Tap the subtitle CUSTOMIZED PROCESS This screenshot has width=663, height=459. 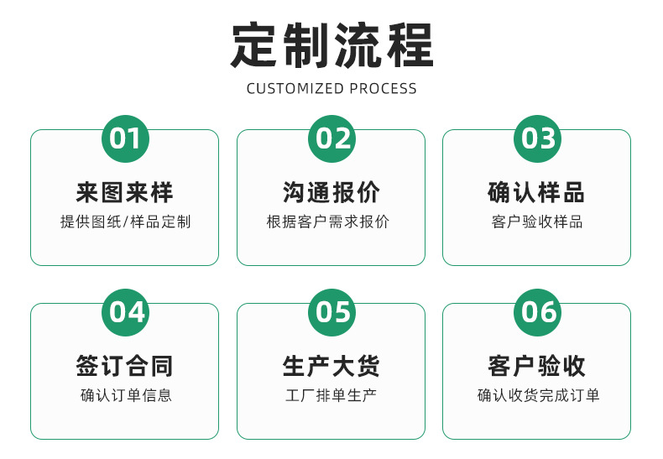click(x=331, y=88)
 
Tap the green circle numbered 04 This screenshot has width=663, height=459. click(x=125, y=312)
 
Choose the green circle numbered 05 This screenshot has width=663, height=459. click(x=331, y=312)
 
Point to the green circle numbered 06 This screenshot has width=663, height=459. click(x=537, y=312)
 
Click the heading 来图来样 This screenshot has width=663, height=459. click(x=125, y=193)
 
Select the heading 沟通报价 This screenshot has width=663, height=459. click(x=331, y=193)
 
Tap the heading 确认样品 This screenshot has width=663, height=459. click(x=537, y=193)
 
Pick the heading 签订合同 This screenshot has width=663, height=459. click(x=125, y=366)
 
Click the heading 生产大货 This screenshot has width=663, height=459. click(x=331, y=366)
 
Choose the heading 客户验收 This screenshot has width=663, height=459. click(x=537, y=366)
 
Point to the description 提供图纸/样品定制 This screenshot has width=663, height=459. click(x=125, y=222)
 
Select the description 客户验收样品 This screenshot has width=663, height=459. click(x=537, y=222)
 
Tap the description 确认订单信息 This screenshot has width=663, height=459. click(x=126, y=395)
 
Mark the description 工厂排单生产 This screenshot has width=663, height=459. click(x=331, y=395)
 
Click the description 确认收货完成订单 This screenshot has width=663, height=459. click(x=538, y=395)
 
